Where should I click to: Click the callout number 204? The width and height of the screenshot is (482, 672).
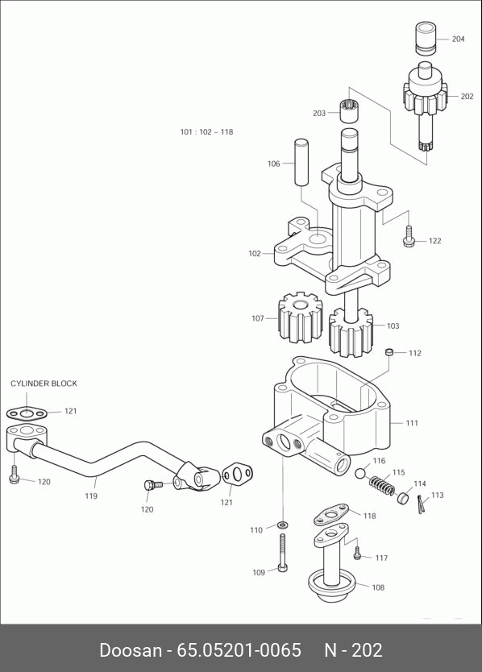[458, 39]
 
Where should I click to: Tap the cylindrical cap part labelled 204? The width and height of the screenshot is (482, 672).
[426, 39]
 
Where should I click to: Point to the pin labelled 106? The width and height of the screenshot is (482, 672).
[301, 162]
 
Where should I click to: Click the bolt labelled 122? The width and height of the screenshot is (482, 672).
[409, 236]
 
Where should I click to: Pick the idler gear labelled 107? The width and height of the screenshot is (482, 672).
[300, 317]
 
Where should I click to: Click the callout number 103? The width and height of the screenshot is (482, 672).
[393, 326]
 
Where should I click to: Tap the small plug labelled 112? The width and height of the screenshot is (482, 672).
[389, 352]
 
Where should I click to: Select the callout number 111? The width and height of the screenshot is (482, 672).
[412, 424]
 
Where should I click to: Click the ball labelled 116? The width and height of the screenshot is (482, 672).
[360, 473]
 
